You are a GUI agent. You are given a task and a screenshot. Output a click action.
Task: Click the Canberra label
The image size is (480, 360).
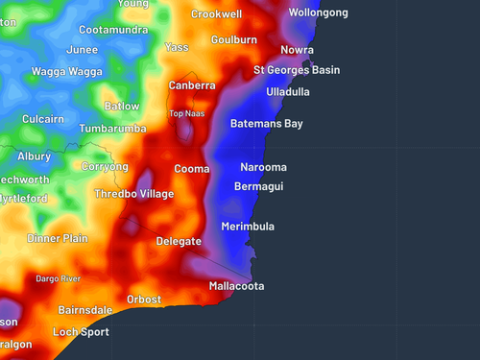click(x=192, y=85)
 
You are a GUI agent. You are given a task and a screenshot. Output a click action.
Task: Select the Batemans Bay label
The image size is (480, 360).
click(x=266, y=124)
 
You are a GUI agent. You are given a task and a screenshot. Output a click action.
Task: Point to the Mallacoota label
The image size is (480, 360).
click(x=236, y=286)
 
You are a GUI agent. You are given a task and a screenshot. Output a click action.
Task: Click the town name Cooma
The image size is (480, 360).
click(x=192, y=169)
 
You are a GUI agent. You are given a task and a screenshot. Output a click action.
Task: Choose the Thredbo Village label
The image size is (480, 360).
click(x=134, y=194)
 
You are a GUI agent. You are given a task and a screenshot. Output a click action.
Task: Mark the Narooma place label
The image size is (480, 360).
click(x=262, y=167)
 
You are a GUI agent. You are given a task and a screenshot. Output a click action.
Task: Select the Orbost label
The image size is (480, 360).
click(x=144, y=300)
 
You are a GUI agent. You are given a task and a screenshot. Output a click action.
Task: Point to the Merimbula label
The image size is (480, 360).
click(x=248, y=227)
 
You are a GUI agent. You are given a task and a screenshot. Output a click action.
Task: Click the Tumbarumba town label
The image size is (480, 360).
click(x=112, y=129)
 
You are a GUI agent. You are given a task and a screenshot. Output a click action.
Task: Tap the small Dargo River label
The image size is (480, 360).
click(x=59, y=278)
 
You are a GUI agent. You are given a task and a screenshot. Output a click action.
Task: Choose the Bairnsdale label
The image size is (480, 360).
click(x=84, y=310)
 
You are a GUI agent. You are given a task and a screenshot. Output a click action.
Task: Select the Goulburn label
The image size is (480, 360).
click(x=235, y=40)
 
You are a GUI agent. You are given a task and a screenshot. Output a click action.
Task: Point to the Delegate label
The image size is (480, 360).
click(x=179, y=242)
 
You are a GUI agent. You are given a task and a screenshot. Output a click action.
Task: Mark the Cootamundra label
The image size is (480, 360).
click(x=113, y=31)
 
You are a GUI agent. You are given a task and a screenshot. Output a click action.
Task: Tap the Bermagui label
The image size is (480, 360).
click(x=259, y=186)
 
